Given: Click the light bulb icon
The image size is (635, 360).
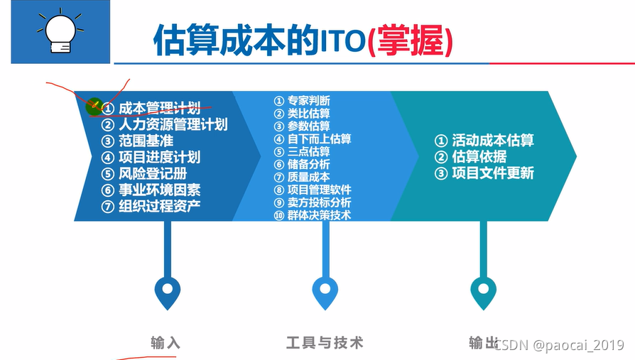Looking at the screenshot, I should (60, 32).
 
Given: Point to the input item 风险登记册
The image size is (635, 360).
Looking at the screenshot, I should (152, 173).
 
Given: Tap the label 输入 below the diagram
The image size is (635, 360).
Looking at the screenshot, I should (165, 343).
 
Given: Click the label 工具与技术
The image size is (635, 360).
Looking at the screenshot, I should (325, 343).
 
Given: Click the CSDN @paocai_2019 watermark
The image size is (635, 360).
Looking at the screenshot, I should (559, 345).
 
